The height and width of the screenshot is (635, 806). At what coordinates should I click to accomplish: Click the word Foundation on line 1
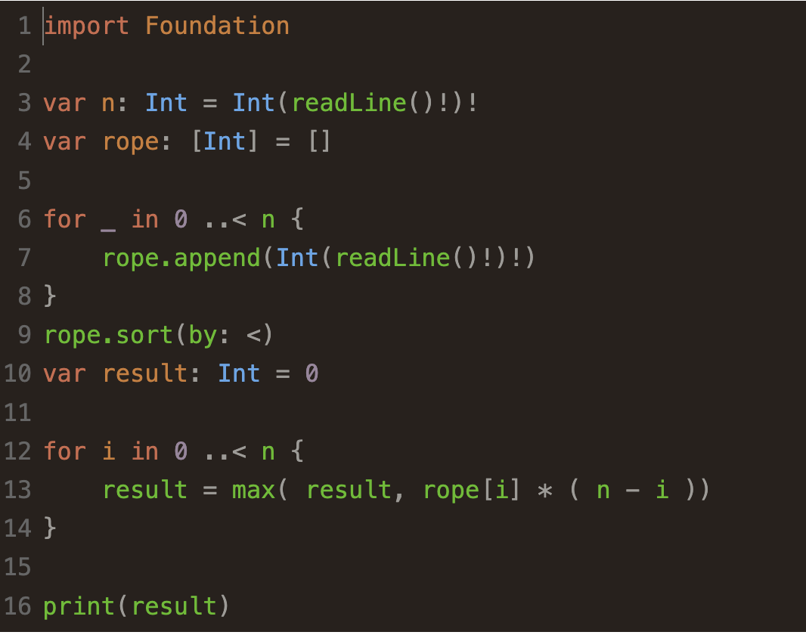click(x=217, y=26)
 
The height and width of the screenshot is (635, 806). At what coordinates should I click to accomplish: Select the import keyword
click(x=86, y=26)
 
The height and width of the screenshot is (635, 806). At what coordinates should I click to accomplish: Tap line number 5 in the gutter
click(x=23, y=180)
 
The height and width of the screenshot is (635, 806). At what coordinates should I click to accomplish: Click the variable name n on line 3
click(x=109, y=103)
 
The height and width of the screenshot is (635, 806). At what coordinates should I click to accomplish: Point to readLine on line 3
click(x=349, y=103)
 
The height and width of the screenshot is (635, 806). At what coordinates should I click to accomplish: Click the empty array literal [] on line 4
click(x=320, y=141)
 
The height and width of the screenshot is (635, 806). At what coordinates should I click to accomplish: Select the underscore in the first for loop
click(x=109, y=220)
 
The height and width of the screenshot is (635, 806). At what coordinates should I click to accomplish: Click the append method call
click(x=217, y=258)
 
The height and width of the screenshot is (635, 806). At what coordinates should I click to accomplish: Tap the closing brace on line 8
click(x=51, y=296)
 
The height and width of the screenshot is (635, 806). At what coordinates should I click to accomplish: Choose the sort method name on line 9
click(x=145, y=334)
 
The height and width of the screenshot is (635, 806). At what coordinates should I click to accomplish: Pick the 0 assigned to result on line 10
click(x=312, y=373)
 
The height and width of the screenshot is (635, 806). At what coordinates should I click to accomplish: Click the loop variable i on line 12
click(x=109, y=451)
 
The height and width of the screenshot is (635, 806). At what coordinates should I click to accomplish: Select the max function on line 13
click(x=253, y=490)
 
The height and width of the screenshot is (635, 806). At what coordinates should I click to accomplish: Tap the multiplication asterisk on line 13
click(x=544, y=491)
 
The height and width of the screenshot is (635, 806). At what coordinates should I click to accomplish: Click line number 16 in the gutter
click(x=17, y=606)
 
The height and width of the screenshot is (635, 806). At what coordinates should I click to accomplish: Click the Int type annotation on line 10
click(x=239, y=373)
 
